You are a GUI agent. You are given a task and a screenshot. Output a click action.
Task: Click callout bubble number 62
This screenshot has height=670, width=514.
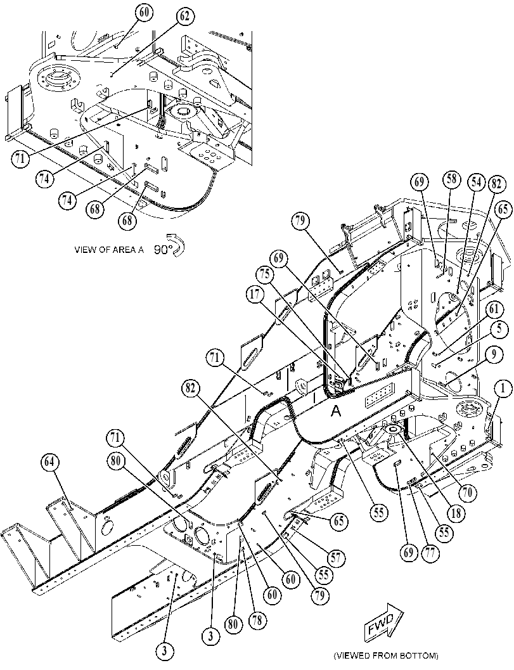[x=184, y=17]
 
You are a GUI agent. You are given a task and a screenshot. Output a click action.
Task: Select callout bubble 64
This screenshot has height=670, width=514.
[x=51, y=463]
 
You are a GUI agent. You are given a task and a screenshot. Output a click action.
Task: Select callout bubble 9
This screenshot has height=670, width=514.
[x=494, y=354]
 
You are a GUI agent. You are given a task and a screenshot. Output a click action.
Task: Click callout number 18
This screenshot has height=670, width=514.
[x=456, y=512]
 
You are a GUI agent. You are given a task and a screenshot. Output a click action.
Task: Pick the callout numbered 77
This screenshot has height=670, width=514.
[x=430, y=552]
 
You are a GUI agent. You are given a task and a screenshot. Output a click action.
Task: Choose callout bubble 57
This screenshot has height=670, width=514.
[x=337, y=558]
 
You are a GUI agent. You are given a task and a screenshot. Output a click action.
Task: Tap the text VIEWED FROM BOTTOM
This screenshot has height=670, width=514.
[x=386, y=655]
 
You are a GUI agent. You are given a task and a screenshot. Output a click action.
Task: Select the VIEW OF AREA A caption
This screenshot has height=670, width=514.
[x=109, y=250]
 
